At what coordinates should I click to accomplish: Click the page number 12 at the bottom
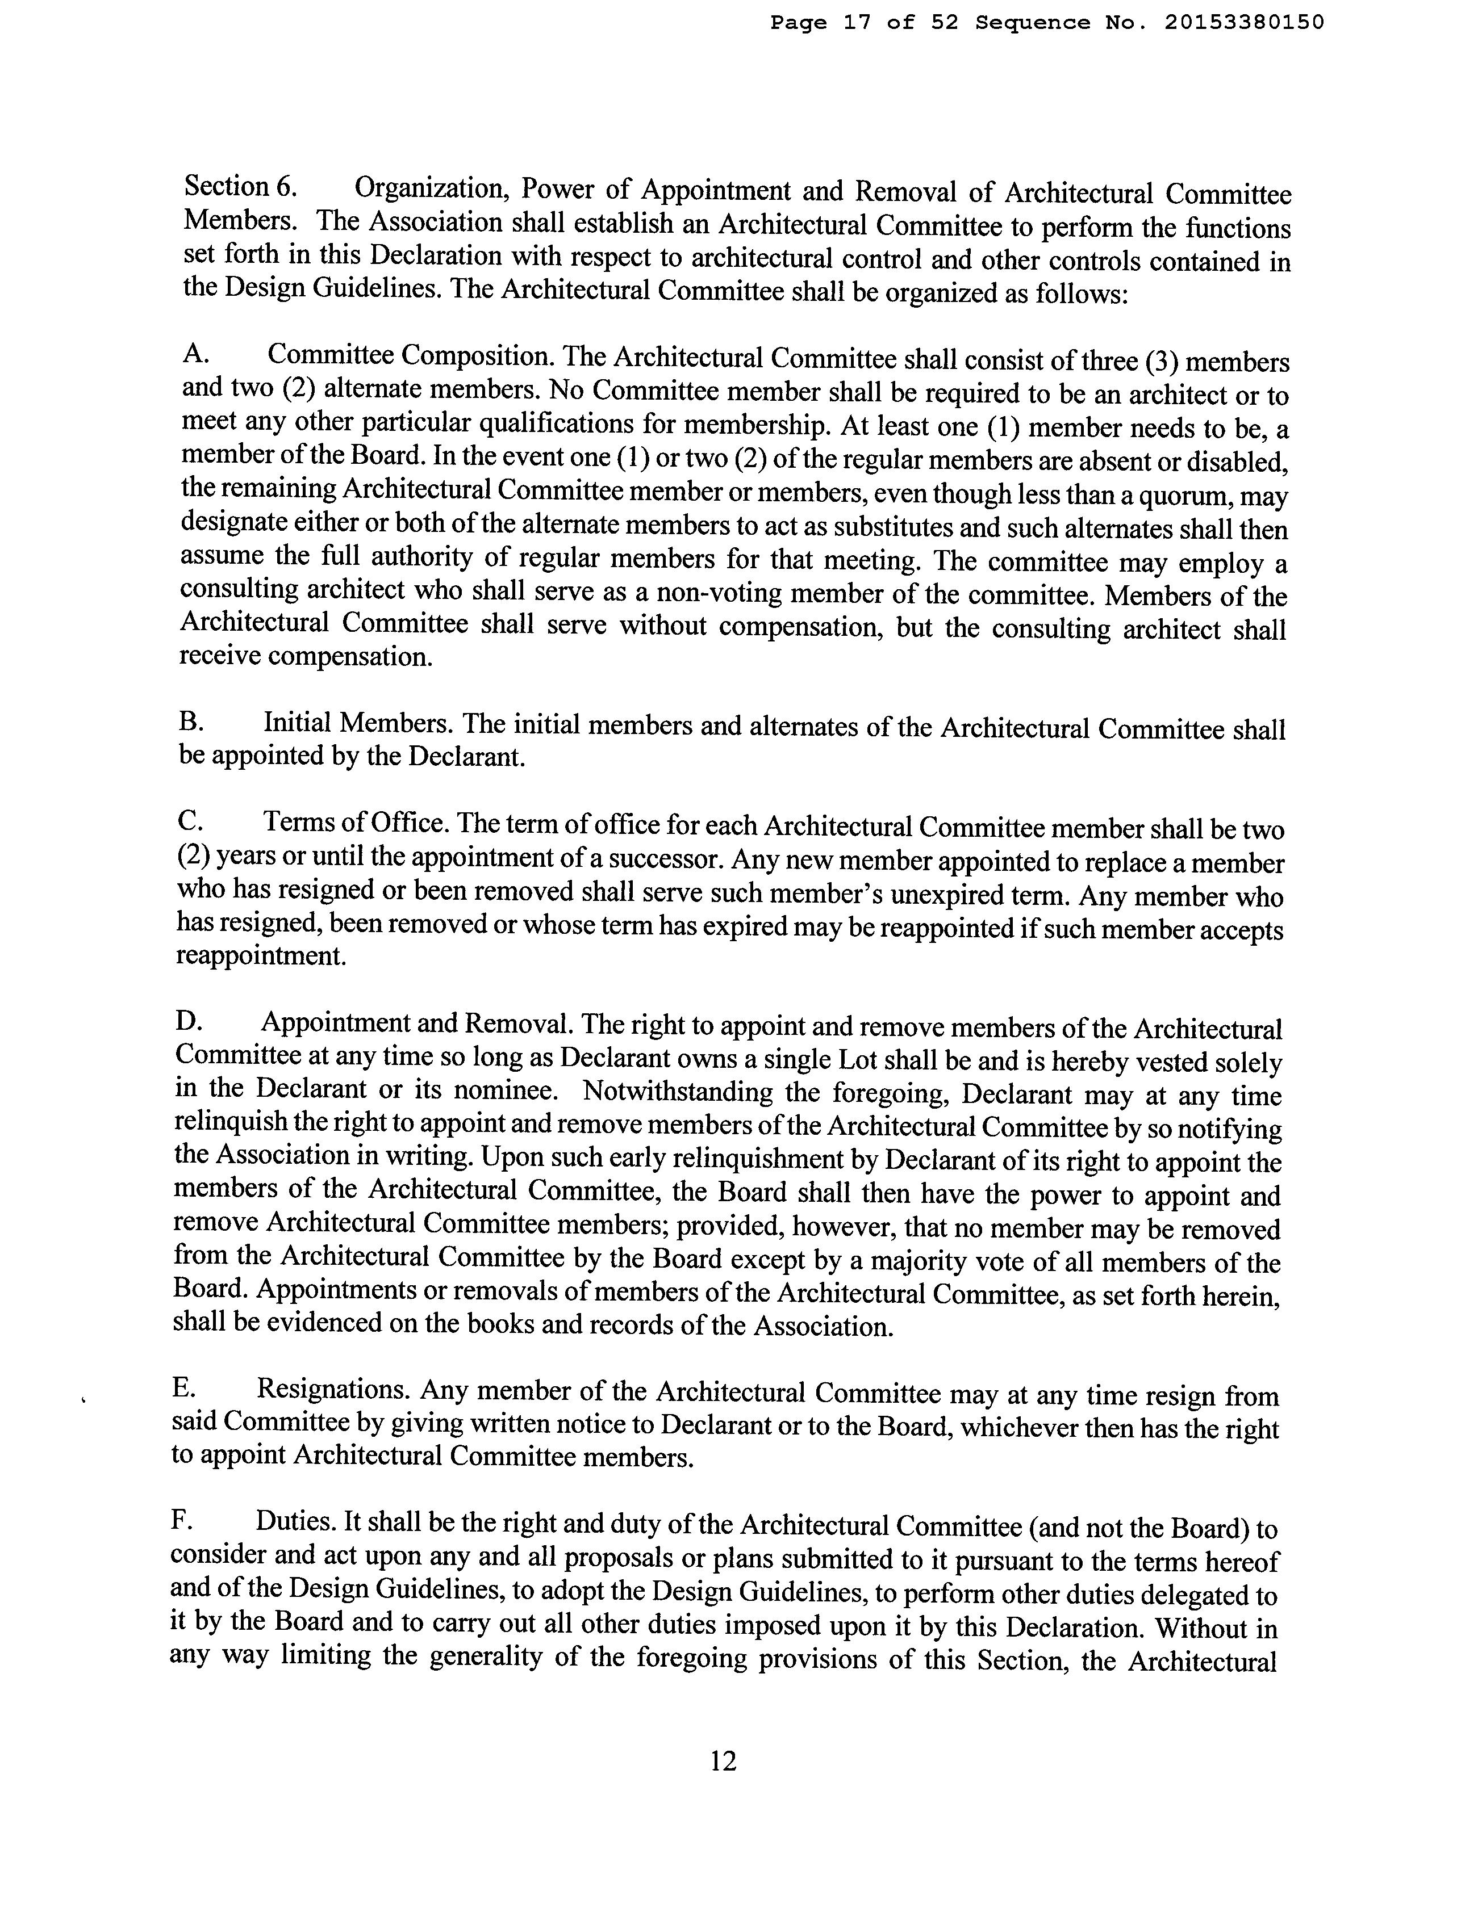[723, 1761]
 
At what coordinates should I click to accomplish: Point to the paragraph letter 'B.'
[190, 722]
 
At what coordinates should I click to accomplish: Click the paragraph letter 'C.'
[189, 821]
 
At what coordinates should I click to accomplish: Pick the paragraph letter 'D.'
[187, 1021]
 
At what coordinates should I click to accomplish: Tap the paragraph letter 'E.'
[184, 1389]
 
